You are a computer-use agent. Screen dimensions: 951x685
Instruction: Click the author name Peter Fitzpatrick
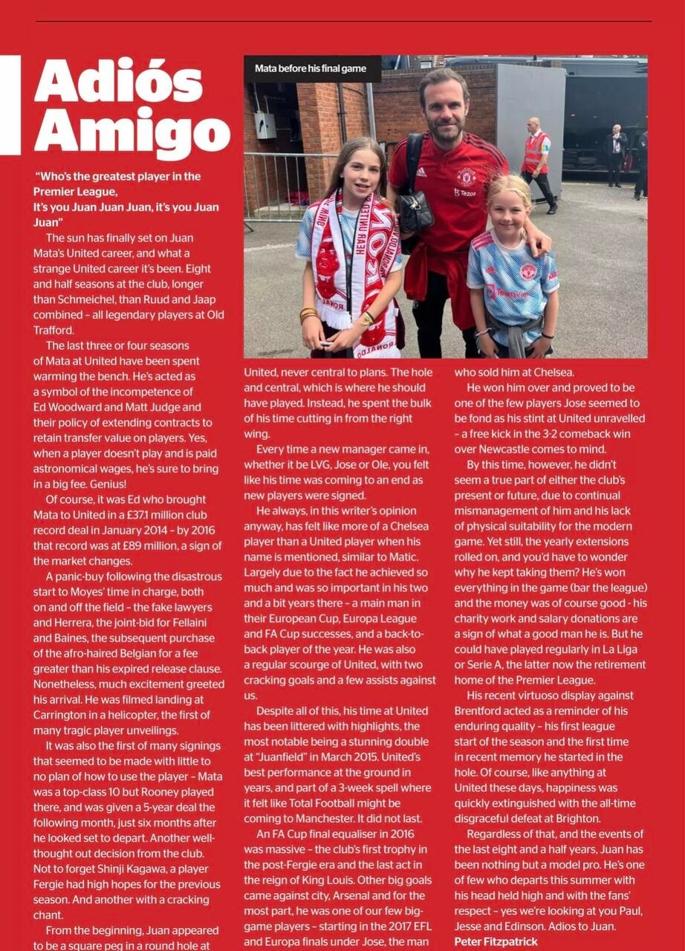[x=496, y=941]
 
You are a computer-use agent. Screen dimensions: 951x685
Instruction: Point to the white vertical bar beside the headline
[x=10, y=104]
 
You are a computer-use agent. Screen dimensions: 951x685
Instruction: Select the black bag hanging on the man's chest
[x=416, y=212]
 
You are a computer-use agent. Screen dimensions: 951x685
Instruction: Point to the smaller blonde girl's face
[x=510, y=211]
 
